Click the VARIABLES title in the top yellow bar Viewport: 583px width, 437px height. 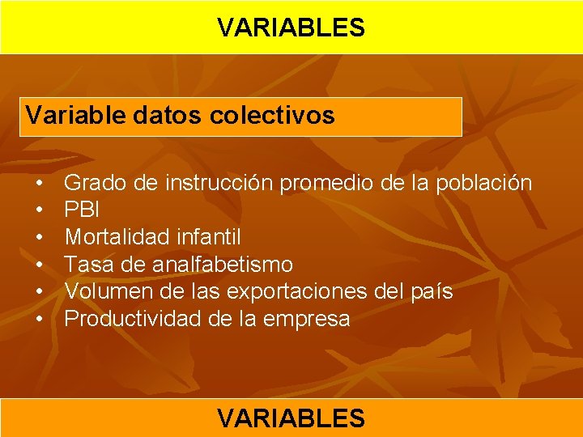pos(291,28)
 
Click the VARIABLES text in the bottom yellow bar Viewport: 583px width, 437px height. pos(291,418)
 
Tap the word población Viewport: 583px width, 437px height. pos(483,184)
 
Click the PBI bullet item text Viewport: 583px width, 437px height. pos(83,210)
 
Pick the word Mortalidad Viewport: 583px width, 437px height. pos(114,238)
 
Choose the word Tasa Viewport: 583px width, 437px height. pos(87,265)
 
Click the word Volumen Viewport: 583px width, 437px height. pos(105,291)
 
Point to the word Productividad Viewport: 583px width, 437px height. pos(133,319)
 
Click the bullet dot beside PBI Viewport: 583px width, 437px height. pos(39,210)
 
